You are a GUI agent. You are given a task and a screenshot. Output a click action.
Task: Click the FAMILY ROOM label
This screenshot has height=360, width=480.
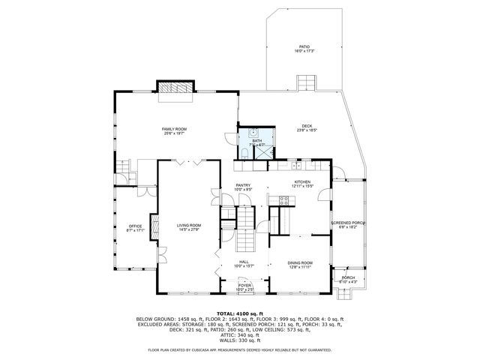click(x=175, y=129)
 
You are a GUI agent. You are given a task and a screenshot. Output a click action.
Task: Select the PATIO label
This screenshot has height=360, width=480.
click(x=304, y=46)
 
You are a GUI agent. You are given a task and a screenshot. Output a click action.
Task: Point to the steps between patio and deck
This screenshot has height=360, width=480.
click(x=307, y=82)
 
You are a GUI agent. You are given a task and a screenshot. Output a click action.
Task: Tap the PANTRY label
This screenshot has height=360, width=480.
click(x=242, y=185)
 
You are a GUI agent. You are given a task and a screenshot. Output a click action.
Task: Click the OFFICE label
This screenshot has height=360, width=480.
click(x=135, y=226)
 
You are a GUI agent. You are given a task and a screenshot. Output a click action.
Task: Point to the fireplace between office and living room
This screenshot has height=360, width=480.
click(x=155, y=226)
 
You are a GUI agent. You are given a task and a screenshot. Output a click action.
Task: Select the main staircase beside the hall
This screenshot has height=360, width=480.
click(x=246, y=229)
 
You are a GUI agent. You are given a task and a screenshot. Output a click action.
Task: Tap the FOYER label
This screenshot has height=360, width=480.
click(x=244, y=286)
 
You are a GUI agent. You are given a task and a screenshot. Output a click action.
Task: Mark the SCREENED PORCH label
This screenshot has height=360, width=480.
click(x=348, y=223)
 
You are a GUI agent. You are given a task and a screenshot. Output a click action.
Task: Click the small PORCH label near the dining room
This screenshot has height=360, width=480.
click(x=348, y=277)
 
